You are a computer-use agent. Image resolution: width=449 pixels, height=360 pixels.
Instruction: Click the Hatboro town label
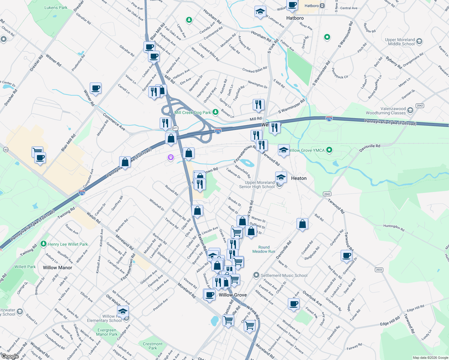(295, 18)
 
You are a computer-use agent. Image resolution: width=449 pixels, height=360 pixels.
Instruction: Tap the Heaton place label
(299, 178)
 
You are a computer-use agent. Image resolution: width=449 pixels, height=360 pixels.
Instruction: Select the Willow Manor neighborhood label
(57, 268)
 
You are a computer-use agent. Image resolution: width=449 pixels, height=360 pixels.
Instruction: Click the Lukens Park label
(56, 7)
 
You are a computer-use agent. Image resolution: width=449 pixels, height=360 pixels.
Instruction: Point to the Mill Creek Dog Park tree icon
(215, 112)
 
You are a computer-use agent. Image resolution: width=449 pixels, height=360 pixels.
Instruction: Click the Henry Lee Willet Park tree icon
(44, 244)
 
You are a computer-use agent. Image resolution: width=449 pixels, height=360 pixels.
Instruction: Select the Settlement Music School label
(284, 275)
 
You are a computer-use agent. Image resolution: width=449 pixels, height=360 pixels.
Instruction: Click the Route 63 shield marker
(6, 149)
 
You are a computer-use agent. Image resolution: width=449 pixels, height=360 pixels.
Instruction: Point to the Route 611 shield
(175, 128)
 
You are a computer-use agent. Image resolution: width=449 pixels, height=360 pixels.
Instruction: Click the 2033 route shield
(379, 270)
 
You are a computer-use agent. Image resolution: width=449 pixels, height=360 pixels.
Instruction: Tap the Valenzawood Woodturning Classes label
(386, 111)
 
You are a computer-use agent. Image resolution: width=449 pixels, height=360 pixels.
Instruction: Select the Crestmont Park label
(152, 346)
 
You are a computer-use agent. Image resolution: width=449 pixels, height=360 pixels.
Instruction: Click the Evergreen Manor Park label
(107, 332)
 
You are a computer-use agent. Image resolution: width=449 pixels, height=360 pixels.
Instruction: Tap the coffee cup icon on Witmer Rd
(95, 88)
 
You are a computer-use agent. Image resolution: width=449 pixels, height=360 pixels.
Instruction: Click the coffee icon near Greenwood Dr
(346, 256)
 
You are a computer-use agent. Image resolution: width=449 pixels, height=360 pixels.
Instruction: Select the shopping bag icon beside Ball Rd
(302, 224)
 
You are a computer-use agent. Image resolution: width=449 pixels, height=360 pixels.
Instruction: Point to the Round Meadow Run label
(264, 249)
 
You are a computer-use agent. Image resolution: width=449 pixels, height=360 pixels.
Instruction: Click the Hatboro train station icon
(322, 6)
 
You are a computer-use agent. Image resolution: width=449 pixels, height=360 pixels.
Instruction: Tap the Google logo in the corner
(10, 356)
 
